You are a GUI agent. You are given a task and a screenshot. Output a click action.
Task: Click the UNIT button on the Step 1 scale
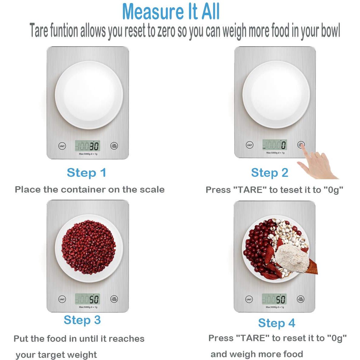(x=62, y=146)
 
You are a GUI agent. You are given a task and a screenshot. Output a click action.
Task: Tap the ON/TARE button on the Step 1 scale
(x=114, y=146)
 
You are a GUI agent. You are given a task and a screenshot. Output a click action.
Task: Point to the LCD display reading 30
(x=87, y=146)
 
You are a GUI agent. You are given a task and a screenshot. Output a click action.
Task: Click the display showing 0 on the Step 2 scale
(x=275, y=145)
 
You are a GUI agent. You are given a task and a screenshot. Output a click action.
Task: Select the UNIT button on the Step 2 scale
(x=249, y=145)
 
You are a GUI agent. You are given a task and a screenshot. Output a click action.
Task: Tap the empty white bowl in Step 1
(x=89, y=95)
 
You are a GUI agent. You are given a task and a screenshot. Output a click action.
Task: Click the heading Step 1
(x=87, y=173)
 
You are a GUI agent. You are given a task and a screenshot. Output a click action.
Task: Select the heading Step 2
(x=270, y=173)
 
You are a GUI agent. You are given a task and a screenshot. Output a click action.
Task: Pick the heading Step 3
(x=82, y=320)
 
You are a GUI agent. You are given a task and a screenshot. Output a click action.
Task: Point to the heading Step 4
(x=277, y=323)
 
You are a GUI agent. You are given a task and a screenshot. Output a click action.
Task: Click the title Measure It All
(x=171, y=12)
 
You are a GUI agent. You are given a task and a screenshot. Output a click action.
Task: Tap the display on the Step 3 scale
(x=87, y=299)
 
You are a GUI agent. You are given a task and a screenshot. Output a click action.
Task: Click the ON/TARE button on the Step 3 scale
(x=114, y=299)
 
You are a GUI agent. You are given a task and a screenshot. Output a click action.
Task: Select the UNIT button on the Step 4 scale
(x=249, y=299)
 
